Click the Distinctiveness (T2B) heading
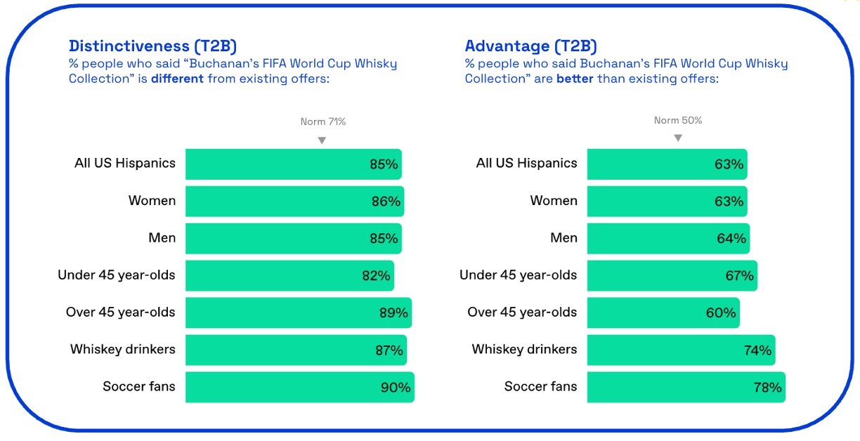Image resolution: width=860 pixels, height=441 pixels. click(x=152, y=46)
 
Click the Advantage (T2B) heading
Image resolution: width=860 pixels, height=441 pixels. click(x=531, y=46)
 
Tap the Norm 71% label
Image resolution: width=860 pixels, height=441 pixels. click(x=323, y=121)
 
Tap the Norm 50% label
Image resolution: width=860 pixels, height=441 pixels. click(x=678, y=121)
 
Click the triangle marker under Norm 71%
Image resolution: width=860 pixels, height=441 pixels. click(x=322, y=140)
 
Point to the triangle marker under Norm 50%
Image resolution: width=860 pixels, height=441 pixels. click(x=678, y=138)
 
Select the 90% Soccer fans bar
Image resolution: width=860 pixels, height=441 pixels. click(x=300, y=387)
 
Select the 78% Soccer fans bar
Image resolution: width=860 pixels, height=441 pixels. click(x=686, y=387)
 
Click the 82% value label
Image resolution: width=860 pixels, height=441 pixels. click(x=377, y=275)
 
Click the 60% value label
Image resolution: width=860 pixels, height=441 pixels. click(x=721, y=312)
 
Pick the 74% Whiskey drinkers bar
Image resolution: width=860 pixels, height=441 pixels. click(x=681, y=350)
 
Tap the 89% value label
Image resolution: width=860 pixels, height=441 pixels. click(x=393, y=312)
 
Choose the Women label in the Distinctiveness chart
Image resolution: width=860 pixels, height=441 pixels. click(x=152, y=200)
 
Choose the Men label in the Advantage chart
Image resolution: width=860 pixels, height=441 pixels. click(x=563, y=237)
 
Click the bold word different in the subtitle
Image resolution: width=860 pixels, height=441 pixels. click(x=177, y=79)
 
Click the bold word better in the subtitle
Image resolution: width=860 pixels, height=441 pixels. click(x=575, y=79)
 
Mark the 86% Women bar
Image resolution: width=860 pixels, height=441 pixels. click(x=295, y=202)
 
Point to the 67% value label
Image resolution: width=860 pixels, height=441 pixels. click(x=739, y=275)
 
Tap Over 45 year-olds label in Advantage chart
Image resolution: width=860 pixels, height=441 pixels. click(x=522, y=312)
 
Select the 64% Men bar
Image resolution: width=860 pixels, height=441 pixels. click(x=668, y=238)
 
